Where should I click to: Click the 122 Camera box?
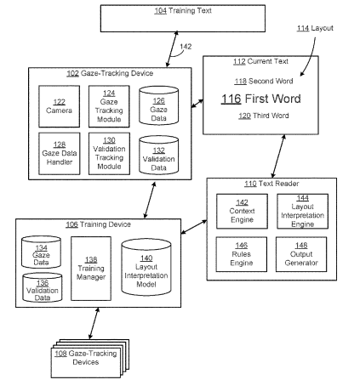click(59, 106)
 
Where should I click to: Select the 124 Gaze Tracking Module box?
click(109, 106)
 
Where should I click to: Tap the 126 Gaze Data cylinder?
click(158, 105)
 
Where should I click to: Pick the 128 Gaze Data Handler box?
click(60, 154)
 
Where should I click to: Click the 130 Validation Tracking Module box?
click(109, 154)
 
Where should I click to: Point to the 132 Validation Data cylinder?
click(158, 155)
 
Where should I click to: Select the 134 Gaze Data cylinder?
click(41, 252)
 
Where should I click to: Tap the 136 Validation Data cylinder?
click(43, 287)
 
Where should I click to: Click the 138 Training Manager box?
click(91, 269)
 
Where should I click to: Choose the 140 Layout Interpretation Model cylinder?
click(146, 267)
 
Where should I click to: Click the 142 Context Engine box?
click(242, 211)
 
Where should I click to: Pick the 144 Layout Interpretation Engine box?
click(303, 211)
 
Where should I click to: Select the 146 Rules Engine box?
click(242, 254)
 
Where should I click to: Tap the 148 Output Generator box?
click(301, 254)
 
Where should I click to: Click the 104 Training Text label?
click(183, 11)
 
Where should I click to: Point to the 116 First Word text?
click(261, 99)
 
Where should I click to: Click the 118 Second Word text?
click(264, 82)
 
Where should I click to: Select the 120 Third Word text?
click(264, 116)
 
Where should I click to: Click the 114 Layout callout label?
click(315, 28)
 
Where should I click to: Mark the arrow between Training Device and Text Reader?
click(194, 227)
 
